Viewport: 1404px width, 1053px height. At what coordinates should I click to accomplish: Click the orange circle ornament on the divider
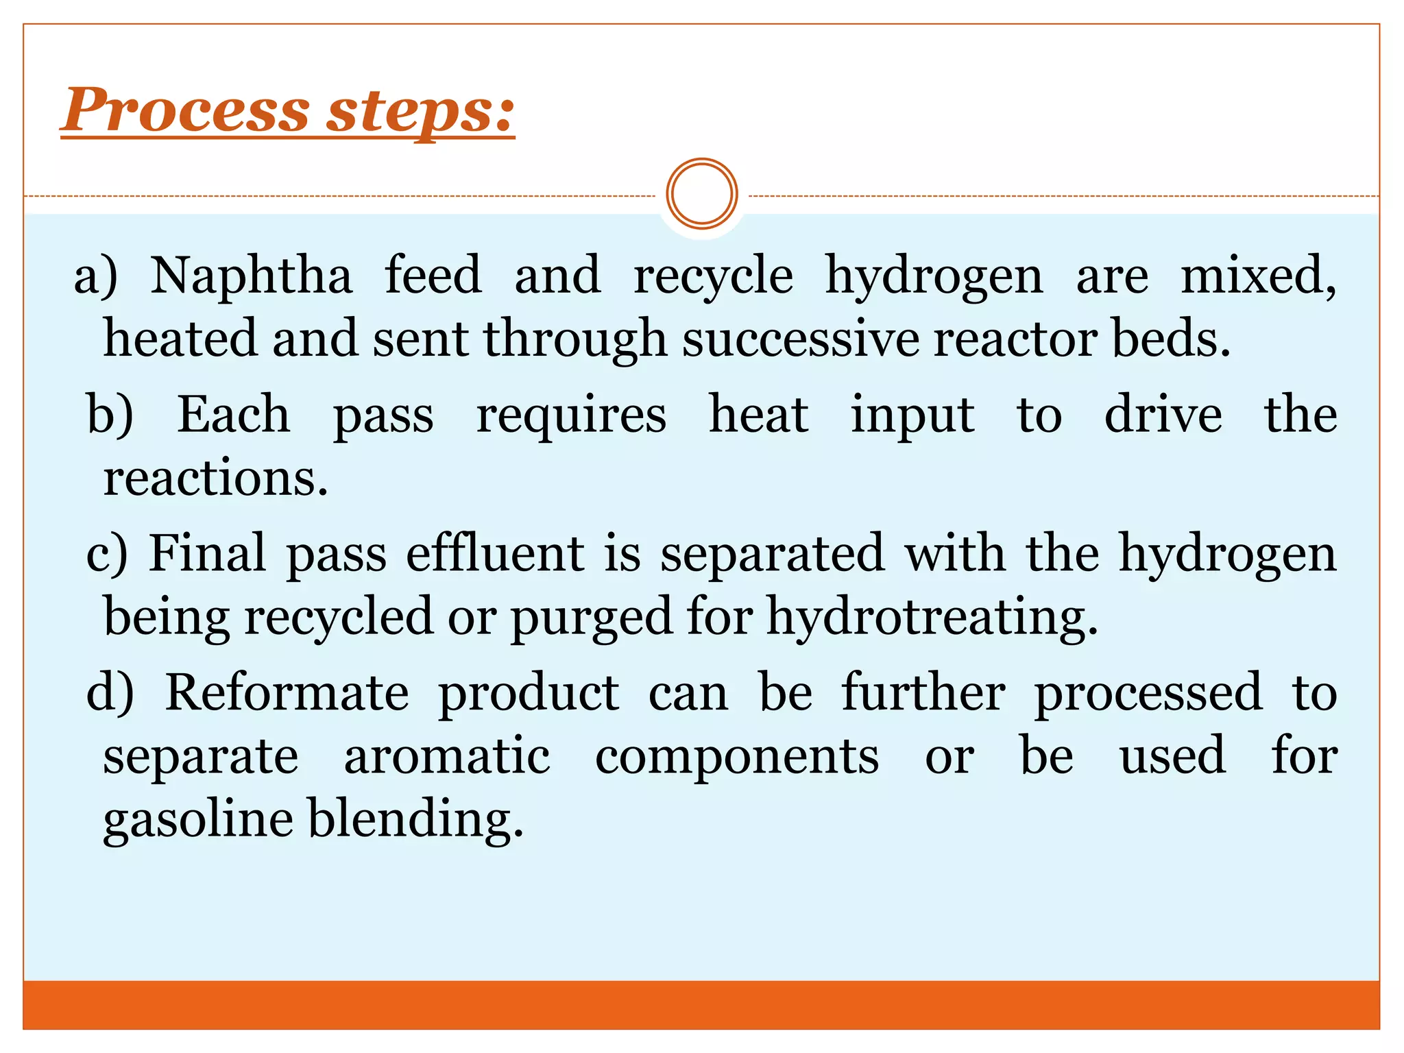pos(701,194)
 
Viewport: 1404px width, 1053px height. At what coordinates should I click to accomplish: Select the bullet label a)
pos(96,276)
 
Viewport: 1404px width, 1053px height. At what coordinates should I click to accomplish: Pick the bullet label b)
pos(110,415)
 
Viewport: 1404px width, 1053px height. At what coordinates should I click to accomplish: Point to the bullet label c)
pos(107,554)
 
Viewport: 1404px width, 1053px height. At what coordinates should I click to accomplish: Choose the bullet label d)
pos(110,692)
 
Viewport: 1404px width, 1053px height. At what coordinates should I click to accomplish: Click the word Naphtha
pos(251,276)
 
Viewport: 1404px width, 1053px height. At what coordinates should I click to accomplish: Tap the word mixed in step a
pos(1257,276)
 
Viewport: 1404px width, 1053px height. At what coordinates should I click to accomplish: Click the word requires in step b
pos(571,416)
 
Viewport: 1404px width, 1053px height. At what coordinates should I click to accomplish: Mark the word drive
pos(1163,415)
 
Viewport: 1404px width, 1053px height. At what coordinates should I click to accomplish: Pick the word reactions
pos(215,478)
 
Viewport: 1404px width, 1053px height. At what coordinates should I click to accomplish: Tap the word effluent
pos(495,554)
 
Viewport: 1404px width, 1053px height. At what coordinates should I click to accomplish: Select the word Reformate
pos(287,692)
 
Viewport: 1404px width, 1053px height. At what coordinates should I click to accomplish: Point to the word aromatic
pos(447,755)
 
